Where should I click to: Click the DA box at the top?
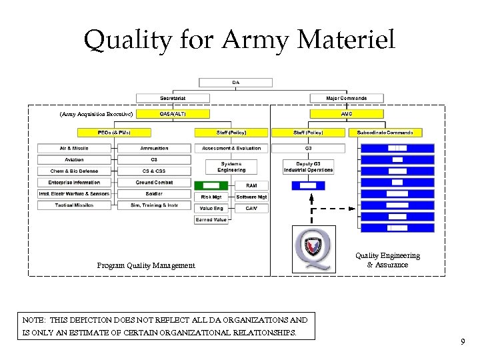point(236,83)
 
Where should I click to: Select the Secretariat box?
point(173,98)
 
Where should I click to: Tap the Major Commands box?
point(347,98)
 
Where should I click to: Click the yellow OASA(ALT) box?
point(173,114)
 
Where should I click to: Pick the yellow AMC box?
point(347,114)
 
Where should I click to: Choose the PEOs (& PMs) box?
point(114,133)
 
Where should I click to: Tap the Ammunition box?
point(154,148)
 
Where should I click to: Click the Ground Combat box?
point(154,182)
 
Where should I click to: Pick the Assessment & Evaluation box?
point(231,148)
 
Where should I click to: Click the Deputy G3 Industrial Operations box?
point(308,167)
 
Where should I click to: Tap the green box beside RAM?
point(211,185)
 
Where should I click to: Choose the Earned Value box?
point(211,219)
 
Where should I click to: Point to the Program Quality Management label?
point(146,265)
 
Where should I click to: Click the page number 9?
point(463,342)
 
